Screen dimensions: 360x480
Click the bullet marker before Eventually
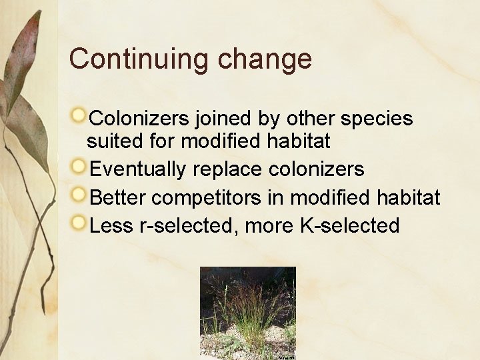coord(79,167)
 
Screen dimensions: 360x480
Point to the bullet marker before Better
coord(79,195)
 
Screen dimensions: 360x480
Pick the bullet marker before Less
coord(79,223)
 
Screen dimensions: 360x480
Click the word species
coord(377,119)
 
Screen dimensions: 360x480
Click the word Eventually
coord(137,170)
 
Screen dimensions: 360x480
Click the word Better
coord(118,198)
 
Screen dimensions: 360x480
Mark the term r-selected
coord(189,226)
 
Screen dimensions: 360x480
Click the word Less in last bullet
coord(111,226)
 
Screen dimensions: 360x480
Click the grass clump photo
coord(247,312)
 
